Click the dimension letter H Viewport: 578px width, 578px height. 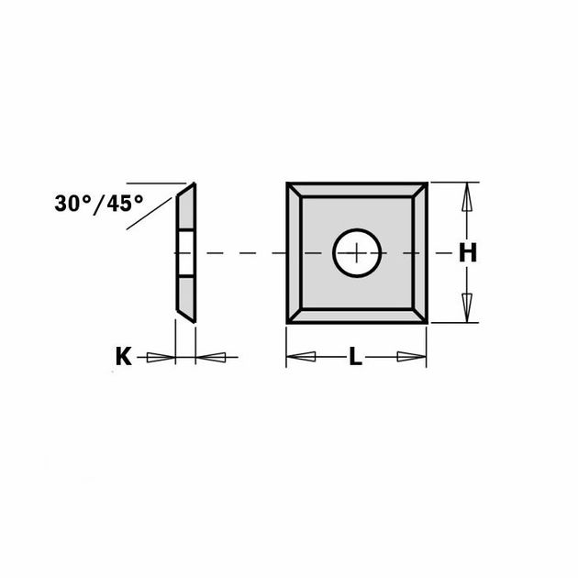[468, 253]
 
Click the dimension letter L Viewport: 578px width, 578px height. [355, 357]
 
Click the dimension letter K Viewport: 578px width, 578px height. [123, 356]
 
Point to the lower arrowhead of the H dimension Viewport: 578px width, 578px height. [468, 306]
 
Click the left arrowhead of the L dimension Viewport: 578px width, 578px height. [303, 356]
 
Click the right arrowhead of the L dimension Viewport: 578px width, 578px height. [411, 356]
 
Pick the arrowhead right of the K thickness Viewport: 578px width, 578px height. [211, 356]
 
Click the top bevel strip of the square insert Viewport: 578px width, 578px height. [357, 189]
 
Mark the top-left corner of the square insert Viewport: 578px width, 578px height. [288, 183]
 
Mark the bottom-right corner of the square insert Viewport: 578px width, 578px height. [426, 321]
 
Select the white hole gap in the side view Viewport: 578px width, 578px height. [186, 252]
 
